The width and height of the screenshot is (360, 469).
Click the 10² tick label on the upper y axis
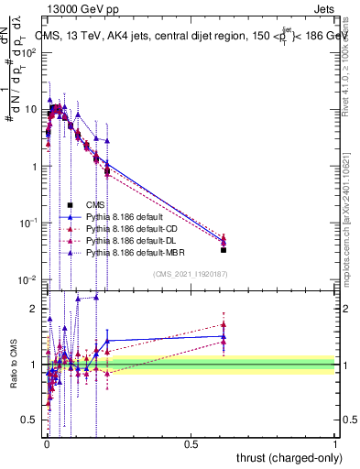click(x=29, y=52)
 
